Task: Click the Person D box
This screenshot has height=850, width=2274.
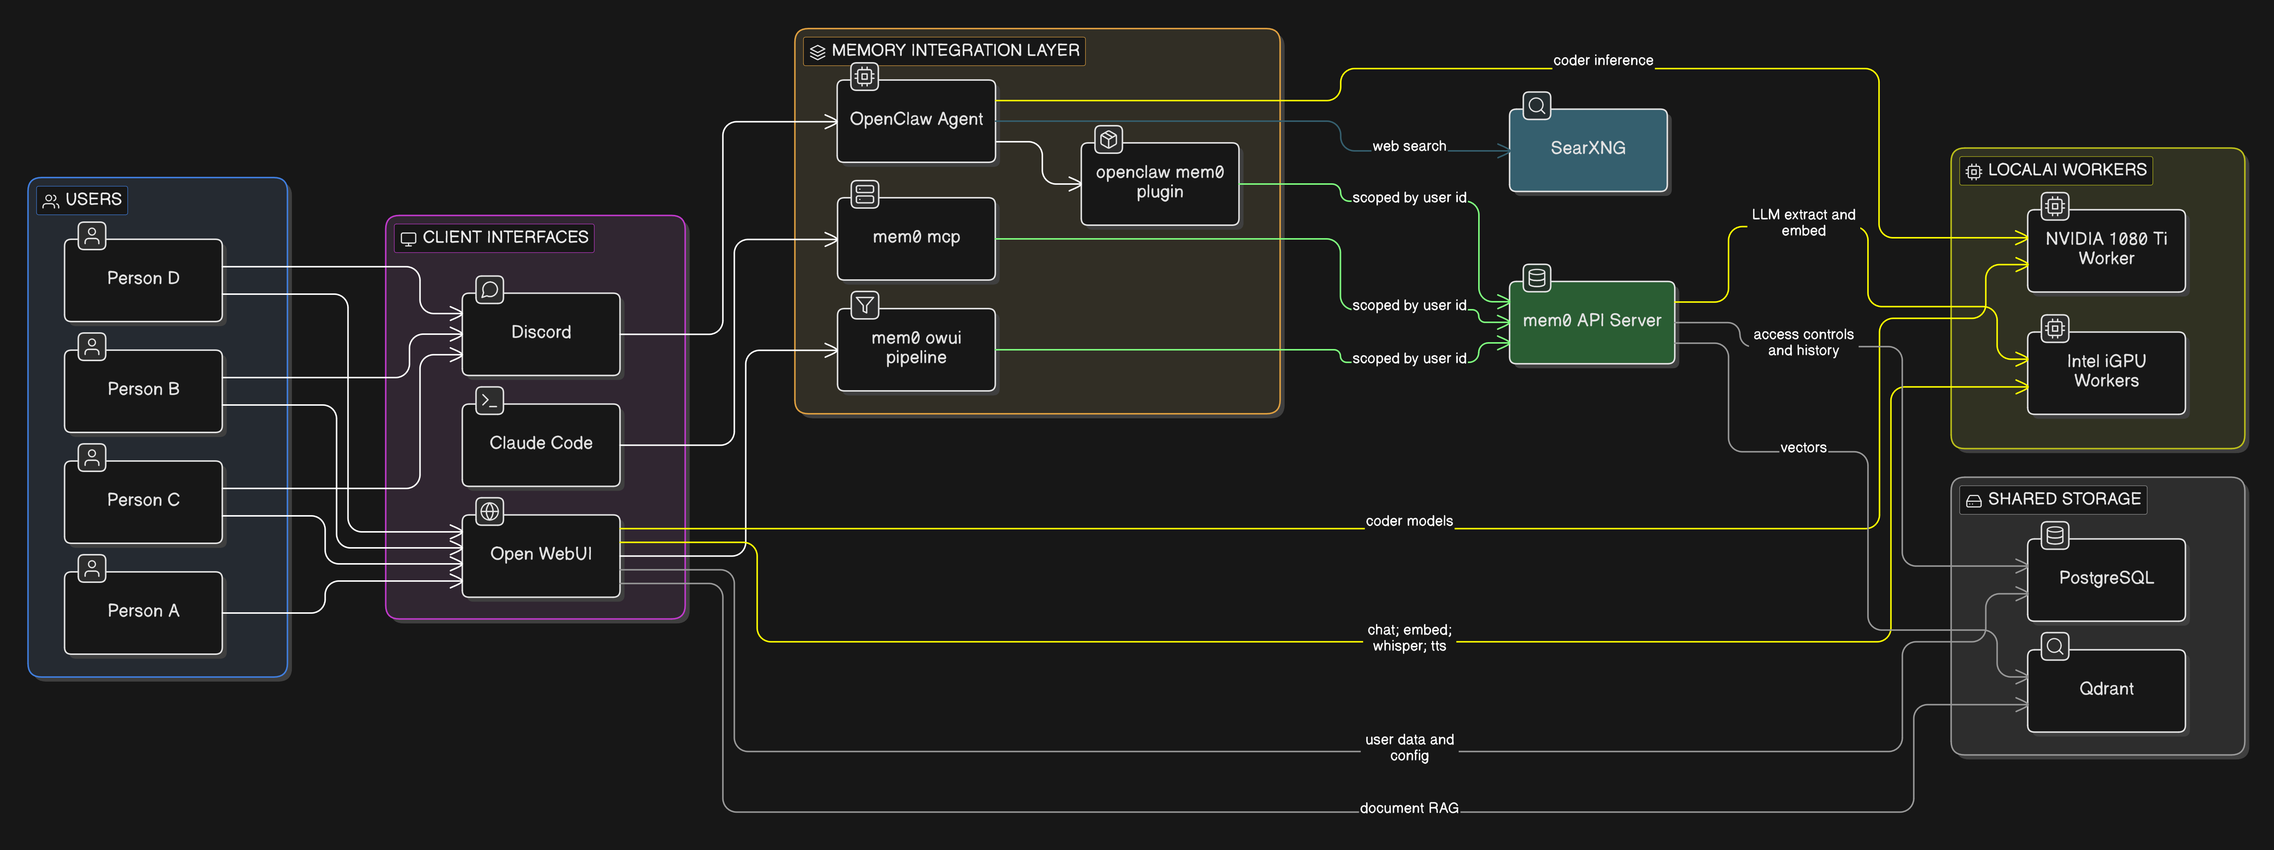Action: tap(143, 279)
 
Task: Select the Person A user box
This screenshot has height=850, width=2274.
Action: tap(143, 611)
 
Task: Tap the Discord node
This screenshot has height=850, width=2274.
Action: tap(541, 333)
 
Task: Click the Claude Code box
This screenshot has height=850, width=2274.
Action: tap(541, 444)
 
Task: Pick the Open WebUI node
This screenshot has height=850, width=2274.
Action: tap(541, 554)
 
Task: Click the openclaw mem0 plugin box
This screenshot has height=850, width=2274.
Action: tap(1159, 183)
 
